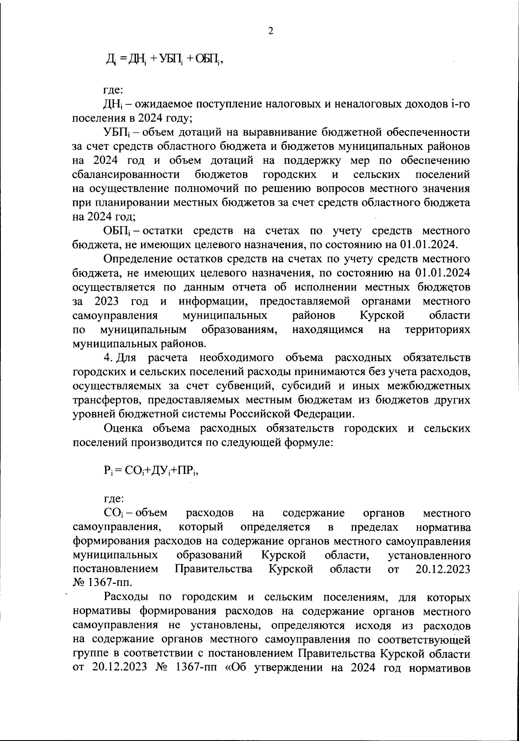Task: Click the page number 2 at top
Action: tap(271, 31)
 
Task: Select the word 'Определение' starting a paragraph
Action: tap(132, 259)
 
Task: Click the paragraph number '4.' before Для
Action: tap(109, 358)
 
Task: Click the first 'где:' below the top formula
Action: tap(113, 90)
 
